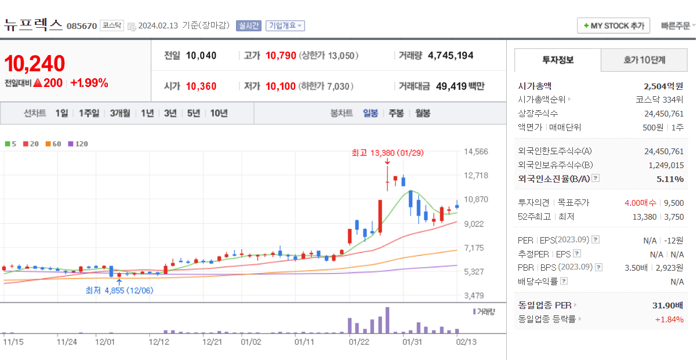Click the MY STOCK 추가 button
point(613,26)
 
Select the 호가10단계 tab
point(644,60)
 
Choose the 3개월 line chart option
point(120,113)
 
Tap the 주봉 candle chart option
point(396,113)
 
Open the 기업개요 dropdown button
point(285,26)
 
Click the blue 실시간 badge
point(249,26)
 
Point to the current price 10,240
point(35,63)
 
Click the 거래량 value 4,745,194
point(451,56)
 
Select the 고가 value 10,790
point(281,56)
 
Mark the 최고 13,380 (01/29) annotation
point(387,153)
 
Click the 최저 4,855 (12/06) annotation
point(119,290)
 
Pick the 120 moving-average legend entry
point(78,144)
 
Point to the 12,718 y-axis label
point(476,175)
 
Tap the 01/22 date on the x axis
point(359,342)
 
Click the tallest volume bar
point(387,320)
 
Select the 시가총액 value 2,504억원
point(663,86)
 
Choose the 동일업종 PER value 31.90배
point(667,306)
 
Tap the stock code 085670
point(82,26)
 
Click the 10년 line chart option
point(219,113)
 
